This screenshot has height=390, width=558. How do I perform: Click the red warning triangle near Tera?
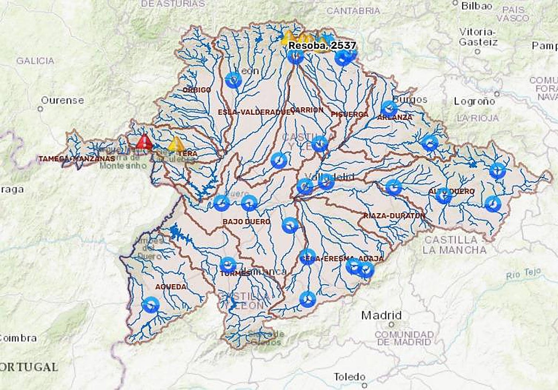click(x=144, y=142)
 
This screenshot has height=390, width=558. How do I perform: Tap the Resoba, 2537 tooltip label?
click(x=322, y=45)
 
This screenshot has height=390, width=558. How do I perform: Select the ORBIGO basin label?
click(x=197, y=90)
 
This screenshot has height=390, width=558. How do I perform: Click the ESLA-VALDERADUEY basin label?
click(x=256, y=112)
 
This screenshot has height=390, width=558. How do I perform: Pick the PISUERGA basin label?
click(x=350, y=114)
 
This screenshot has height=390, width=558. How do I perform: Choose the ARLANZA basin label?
click(x=394, y=117)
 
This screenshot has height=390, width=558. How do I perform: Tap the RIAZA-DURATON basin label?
click(x=394, y=216)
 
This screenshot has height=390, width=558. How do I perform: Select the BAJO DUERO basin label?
click(x=246, y=222)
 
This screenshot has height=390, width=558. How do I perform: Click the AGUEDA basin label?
click(x=171, y=287)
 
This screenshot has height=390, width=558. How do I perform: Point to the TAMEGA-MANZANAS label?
click(x=77, y=159)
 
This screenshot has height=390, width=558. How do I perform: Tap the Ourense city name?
click(x=62, y=100)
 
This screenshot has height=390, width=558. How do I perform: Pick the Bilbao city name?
click(x=477, y=6)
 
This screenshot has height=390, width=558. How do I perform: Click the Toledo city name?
click(x=350, y=377)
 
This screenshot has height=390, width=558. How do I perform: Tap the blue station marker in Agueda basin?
click(x=151, y=305)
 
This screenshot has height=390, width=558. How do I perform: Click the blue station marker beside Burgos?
click(x=389, y=108)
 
